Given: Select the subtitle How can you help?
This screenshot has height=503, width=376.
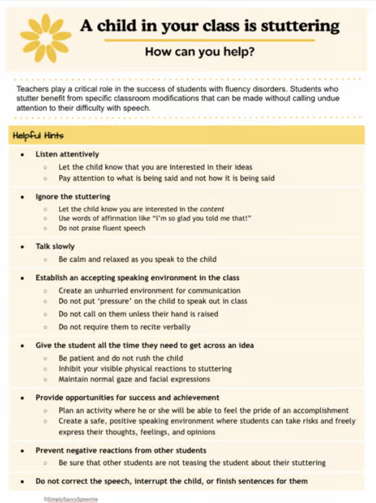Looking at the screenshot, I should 199,52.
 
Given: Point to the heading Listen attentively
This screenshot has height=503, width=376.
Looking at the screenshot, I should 67,154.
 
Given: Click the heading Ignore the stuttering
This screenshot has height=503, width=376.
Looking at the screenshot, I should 73,196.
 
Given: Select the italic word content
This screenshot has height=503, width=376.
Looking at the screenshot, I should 212,209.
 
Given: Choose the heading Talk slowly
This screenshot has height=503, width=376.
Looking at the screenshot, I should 55,246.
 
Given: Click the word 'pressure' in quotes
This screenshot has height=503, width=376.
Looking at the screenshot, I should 109,301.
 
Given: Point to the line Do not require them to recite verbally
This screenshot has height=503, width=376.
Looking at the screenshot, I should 124,327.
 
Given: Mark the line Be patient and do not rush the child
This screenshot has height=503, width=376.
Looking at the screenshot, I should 121,358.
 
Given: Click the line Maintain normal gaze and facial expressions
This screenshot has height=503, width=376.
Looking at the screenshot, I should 134,379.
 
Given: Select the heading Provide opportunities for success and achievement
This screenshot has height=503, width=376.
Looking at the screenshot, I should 127,397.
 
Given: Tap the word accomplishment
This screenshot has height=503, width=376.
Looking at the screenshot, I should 320,410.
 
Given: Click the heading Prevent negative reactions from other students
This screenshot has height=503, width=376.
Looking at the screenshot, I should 121,450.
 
